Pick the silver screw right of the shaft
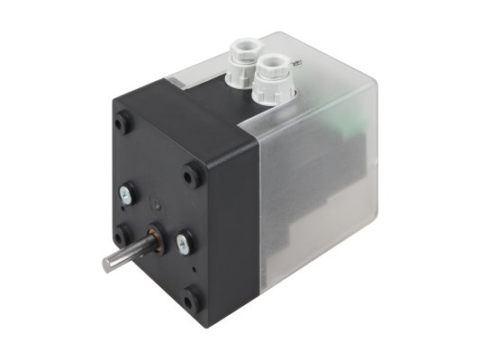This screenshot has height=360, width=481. [x=184, y=241]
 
